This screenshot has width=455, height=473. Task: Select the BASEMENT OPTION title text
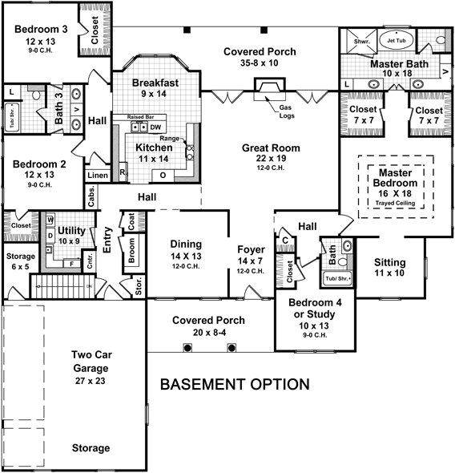tap(235, 384)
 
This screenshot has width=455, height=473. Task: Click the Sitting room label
tap(390, 263)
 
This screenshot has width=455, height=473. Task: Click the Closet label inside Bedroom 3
tap(95, 30)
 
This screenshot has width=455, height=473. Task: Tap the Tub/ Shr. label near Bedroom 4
tap(335, 279)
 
